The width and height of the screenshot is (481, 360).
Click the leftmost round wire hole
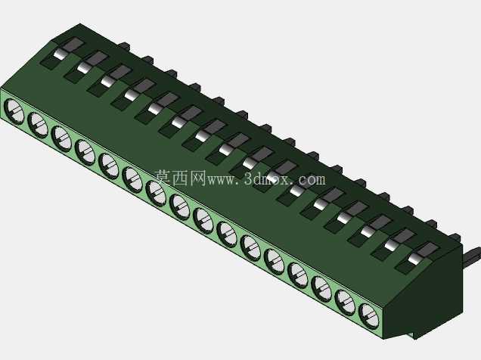coord(14,111)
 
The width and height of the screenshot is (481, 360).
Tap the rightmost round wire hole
coord(368,316)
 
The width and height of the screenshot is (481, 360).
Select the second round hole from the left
coord(37,125)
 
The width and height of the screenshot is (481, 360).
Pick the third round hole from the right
coord(321,289)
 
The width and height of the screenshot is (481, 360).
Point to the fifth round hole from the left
coord(108,166)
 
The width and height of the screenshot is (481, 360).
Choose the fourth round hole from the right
coord(297,275)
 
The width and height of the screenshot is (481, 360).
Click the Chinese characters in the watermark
coord(180,178)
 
